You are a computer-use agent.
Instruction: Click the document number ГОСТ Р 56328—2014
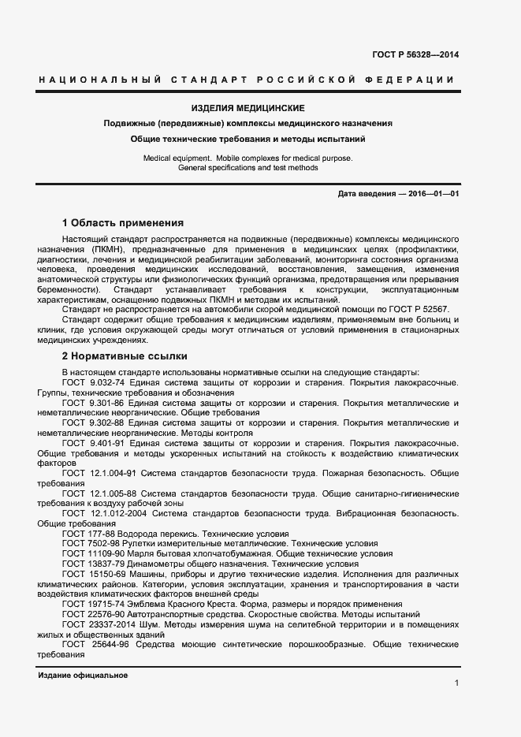[415, 54]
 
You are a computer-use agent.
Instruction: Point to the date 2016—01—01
[433, 194]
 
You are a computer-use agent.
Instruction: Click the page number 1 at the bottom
[456, 683]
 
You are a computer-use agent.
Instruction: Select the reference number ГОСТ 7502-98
[92, 544]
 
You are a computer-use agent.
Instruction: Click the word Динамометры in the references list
[151, 564]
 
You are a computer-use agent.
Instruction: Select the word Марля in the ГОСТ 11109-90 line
[139, 554]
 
